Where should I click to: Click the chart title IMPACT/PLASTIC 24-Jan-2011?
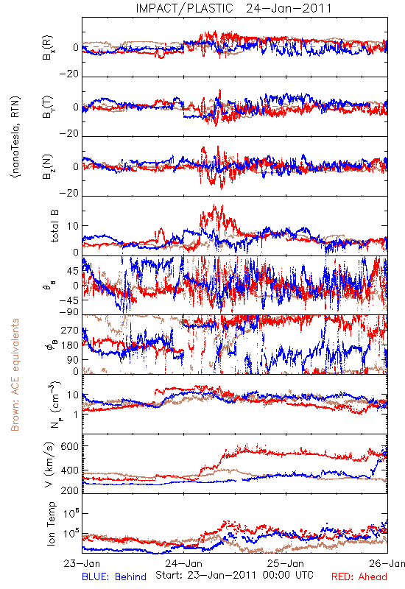233,8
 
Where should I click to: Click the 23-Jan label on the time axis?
82,563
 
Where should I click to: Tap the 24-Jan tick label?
183,563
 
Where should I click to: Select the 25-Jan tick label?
286,563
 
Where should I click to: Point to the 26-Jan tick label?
387,563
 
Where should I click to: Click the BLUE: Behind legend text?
114,576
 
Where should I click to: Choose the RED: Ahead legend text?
359,576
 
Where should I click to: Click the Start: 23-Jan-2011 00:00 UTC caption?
234,575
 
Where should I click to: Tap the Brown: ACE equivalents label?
15,375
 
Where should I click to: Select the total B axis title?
54,226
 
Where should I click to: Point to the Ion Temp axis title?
51,523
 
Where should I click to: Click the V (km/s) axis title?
49,465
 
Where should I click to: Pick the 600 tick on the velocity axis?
70,446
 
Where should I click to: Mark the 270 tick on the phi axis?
70,331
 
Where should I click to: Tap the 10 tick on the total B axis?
73,226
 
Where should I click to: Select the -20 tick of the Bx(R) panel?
68,74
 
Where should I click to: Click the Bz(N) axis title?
48,166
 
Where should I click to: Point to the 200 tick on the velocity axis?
70,490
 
